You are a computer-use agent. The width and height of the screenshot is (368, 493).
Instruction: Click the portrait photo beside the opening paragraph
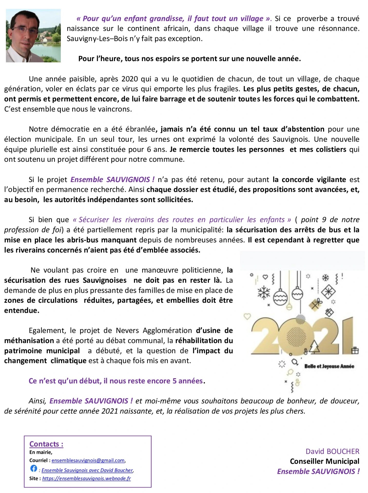[33, 36]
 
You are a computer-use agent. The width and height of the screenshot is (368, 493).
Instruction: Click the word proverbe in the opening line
[312, 19]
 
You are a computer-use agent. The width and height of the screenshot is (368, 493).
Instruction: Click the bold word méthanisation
[29, 341]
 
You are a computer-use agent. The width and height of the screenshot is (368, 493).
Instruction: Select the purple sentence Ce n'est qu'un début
[116, 381]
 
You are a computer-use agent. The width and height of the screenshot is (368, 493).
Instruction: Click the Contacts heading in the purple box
[46, 444]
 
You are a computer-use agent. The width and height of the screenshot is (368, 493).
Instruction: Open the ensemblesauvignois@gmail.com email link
[88, 460]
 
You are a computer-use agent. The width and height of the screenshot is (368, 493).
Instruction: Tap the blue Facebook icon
[34, 468]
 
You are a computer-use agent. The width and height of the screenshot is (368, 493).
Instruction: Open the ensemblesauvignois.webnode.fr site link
[86, 478]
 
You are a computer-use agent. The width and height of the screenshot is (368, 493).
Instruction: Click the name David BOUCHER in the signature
[332, 451]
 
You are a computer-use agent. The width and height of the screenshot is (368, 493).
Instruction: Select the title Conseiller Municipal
[324, 461]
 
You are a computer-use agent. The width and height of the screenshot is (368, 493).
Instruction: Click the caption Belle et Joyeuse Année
[329, 366]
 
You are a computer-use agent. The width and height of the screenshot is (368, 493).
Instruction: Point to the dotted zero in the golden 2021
[296, 336]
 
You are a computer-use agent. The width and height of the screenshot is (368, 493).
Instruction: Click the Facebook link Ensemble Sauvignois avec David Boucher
[87, 470]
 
